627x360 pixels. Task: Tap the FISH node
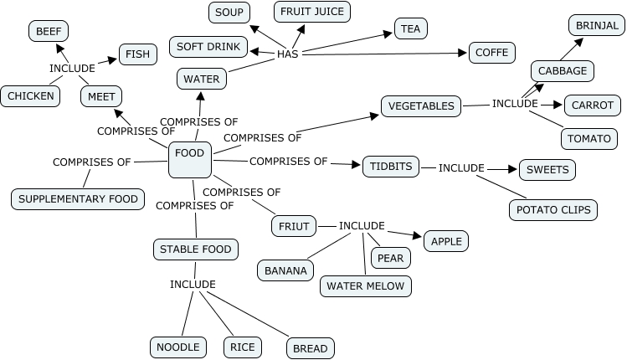point(137,54)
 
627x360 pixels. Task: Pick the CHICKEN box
point(31,95)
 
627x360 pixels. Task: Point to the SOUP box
point(229,12)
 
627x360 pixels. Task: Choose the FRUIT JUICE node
point(312,12)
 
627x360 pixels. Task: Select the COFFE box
point(491,53)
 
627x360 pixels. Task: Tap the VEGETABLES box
point(421,106)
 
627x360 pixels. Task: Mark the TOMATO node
point(589,138)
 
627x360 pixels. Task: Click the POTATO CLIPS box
point(553,209)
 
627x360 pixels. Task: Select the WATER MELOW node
point(365,285)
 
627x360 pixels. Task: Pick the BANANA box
point(286,270)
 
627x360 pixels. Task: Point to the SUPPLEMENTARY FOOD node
point(78,199)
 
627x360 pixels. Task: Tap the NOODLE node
point(178,347)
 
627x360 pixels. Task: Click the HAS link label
point(288,54)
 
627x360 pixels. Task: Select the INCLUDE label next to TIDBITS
point(461,167)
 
